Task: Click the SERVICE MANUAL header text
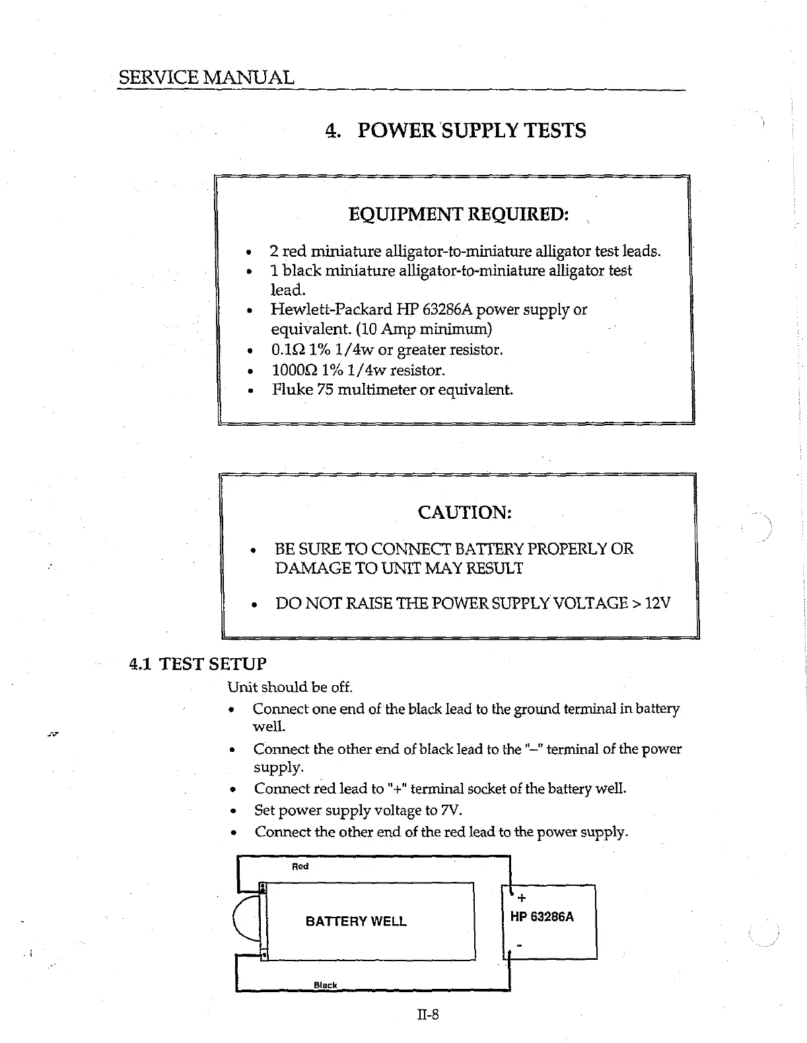pos(205,77)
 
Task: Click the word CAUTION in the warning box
pos(465,512)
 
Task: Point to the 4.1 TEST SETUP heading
pos(197,663)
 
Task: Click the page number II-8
pos(427,1014)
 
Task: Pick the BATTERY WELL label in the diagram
pos(356,921)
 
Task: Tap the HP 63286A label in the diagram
pos(542,917)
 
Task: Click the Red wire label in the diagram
pos(300,866)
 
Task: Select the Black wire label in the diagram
pos(325,985)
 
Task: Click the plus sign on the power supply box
pos(522,898)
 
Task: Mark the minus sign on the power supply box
pos(520,946)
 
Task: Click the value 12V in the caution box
pos(658,603)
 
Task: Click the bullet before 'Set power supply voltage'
pos(232,811)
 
